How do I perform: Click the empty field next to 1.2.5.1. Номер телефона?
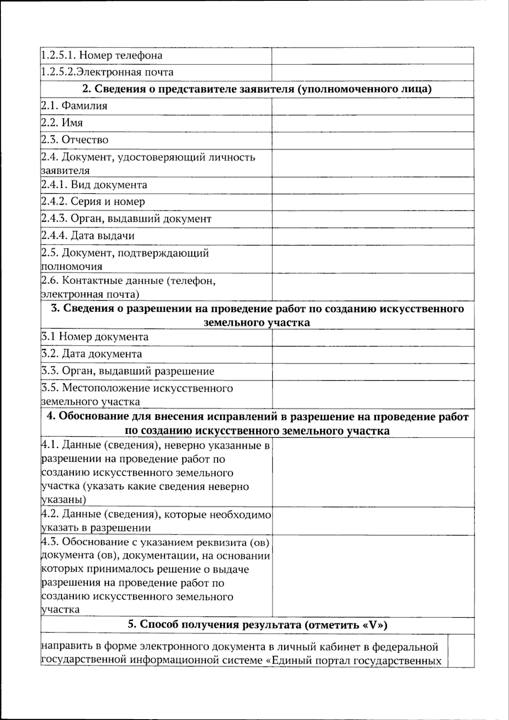click(x=372, y=56)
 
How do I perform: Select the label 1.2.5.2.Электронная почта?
click(x=107, y=72)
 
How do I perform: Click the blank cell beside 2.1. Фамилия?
click(x=372, y=106)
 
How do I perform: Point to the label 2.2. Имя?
click(x=62, y=123)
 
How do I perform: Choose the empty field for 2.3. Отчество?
click(x=372, y=140)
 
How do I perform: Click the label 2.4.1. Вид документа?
click(x=94, y=185)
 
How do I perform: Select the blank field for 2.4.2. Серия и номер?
click(x=372, y=202)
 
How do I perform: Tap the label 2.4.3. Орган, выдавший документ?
click(x=126, y=219)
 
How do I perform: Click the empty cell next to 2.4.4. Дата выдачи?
click(x=372, y=236)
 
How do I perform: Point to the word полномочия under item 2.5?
click(x=72, y=267)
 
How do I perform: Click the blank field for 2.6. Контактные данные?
click(x=372, y=287)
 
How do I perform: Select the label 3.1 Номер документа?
click(x=95, y=337)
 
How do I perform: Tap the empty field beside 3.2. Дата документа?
click(x=372, y=354)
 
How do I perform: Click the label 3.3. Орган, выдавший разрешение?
click(x=128, y=371)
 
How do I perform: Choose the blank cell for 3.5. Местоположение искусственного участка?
click(x=372, y=394)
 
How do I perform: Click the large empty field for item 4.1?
click(x=372, y=472)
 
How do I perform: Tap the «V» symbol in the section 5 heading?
click(x=372, y=625)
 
